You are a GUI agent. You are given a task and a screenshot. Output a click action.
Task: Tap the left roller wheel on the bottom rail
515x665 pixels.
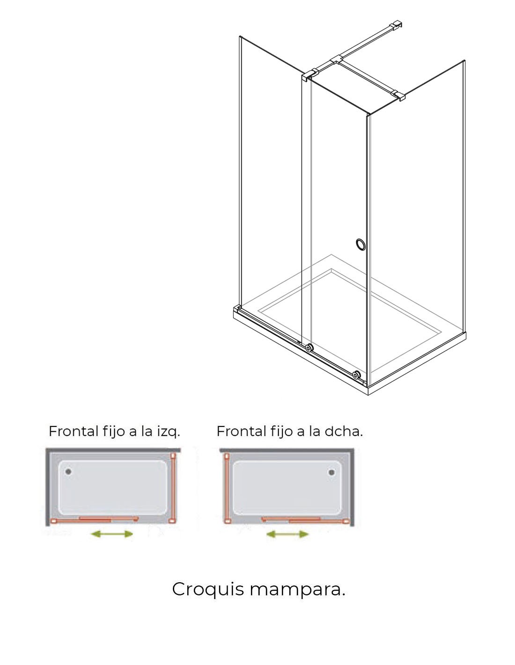pos(309,347)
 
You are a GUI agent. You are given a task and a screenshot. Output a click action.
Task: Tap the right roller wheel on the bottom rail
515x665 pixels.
pos(356,375)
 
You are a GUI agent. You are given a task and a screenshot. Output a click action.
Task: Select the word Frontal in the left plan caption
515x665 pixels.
pos(73,431)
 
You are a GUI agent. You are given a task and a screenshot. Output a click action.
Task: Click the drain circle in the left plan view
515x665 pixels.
pos(68,471)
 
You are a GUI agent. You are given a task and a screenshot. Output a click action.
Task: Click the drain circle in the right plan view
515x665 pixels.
pos(331,472)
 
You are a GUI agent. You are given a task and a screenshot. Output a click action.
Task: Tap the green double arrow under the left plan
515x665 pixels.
pos(112,534)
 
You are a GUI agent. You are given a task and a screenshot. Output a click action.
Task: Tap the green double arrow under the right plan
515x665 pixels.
pos(287,534)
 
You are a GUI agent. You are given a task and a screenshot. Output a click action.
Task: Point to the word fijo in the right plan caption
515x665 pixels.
pos(280,432)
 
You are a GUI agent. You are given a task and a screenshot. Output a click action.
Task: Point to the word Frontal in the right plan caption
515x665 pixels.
pos(241,431)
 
